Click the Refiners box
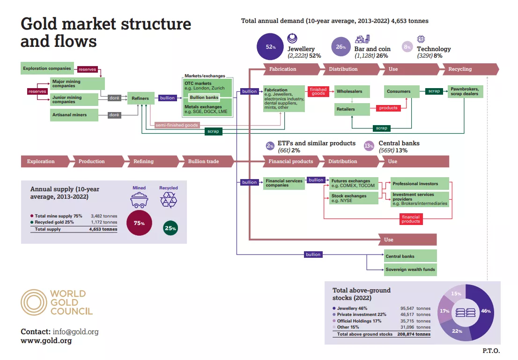[141, 98]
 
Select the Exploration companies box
[47, 68]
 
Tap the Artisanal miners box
[74, 114]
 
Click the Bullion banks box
[204, 97]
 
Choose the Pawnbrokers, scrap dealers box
[466, 91]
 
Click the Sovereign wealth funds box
[410, 270]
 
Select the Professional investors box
[420, 184]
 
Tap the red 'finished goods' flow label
[318, 91]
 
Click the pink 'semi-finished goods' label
[177, 125]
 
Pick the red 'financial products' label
[411, 218]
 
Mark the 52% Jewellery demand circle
[271, 47]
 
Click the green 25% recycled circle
[170, 228]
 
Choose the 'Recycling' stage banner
[461, 69]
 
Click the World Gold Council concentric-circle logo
[34, 302]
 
